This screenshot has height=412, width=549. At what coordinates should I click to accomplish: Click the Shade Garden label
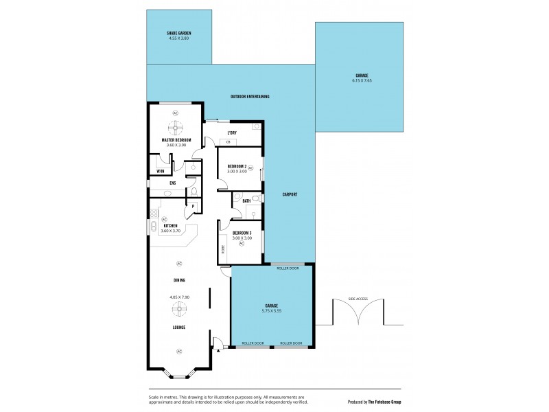(x=178, y=33)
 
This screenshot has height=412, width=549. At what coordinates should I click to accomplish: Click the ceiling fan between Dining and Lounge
(x=178, y=310)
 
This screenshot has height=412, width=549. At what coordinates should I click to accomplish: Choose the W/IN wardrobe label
(x=160, y=171)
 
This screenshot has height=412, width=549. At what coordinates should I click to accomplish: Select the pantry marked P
(x=194, y=206)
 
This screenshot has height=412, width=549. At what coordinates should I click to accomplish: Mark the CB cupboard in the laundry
(x=229, y=142)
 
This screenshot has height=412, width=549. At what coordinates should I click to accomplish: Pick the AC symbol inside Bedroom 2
(x=250, y=168)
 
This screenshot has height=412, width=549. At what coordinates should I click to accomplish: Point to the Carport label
(x=290, y=194)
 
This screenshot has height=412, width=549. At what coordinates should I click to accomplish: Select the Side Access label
(x=358, y=299)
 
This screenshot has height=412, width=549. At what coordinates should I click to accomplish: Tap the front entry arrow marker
(x=218, y=350)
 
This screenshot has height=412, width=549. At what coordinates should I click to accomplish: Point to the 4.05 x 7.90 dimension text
(x=178, y=297)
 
